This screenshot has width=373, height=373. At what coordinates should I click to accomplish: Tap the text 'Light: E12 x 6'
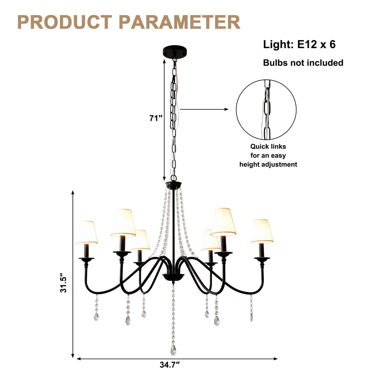(299, 44)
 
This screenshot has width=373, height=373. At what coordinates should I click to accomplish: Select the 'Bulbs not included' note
(303, 63)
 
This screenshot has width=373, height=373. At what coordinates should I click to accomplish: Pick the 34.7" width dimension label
(170, 365)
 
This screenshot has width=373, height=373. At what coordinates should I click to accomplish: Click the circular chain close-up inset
(266, 109)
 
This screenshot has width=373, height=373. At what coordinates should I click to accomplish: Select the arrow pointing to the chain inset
(204, 109)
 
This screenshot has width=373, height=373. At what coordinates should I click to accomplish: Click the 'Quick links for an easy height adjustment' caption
(268, 156)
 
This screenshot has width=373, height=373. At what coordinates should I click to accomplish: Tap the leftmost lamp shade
(87, 232)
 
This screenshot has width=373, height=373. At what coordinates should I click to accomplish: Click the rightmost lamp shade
(262, 231)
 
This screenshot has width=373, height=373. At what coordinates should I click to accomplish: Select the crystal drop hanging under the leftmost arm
(96, 316)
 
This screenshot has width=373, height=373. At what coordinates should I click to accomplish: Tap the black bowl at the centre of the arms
(173, 277)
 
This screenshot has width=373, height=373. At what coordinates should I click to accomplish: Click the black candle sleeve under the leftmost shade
(87, 251)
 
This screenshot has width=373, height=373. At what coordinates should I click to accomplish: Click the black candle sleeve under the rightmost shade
(262, 250)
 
